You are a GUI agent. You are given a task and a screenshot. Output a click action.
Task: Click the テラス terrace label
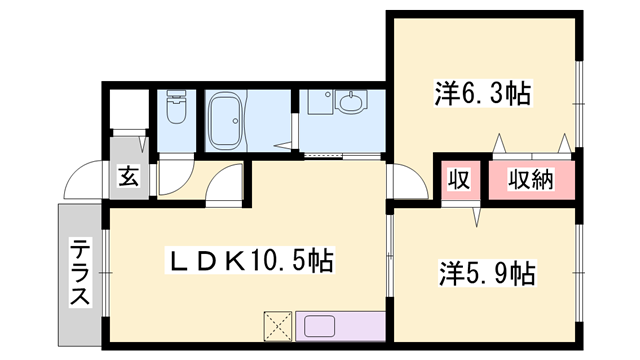click(x=79, y=272)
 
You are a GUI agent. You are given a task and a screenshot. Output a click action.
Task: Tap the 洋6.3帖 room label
click(x=481, y=95)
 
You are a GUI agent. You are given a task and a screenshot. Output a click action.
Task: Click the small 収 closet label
click(x=459, y=181)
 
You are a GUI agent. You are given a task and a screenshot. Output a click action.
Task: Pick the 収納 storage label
click(x=530, y=181)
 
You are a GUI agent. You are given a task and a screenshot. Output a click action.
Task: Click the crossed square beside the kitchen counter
click(x=277, y=326)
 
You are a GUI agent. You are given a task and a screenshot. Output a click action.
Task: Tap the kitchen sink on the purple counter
click(x=322, y=327)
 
